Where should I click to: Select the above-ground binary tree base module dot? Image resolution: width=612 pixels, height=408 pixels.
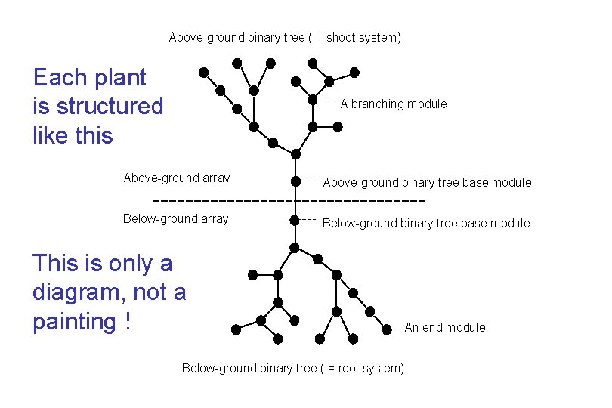tap(295, 181)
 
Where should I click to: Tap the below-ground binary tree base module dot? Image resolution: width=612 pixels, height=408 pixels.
tap(295, 221)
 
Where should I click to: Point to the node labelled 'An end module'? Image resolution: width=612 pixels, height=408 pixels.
tap(387, 329)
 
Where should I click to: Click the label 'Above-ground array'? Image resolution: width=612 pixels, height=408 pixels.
tap(176, 178)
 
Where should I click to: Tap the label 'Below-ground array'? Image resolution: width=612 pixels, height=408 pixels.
tap(175, 219)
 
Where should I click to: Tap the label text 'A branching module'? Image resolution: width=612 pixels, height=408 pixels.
tap(393, 104)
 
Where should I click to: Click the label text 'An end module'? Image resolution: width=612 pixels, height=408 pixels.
tap(445, 327)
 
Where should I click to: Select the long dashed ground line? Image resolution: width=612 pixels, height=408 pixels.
tap(289, 201)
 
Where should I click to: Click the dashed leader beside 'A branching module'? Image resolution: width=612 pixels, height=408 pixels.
tap(326, 100)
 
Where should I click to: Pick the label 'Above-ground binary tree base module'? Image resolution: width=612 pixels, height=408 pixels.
tap(427, 182)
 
